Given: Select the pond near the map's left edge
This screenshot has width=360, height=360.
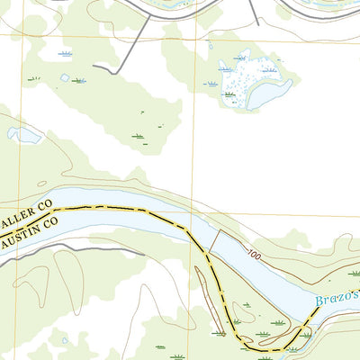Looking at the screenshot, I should [x=24, y=135].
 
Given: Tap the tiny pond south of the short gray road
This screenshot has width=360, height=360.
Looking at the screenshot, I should [x=65, y=78].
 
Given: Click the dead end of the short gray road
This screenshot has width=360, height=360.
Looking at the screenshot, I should [x=94, y=67].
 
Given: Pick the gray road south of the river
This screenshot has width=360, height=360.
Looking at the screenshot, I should [x=54, y=249].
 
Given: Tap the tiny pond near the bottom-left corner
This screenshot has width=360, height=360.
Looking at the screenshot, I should [x=64, y=341].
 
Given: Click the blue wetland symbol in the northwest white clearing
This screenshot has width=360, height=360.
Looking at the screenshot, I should [x=65, y=54].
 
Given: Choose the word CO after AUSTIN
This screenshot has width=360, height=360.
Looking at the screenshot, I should [x=48, y=236].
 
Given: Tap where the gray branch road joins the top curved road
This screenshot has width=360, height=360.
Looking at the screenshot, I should [x=149, y=15].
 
